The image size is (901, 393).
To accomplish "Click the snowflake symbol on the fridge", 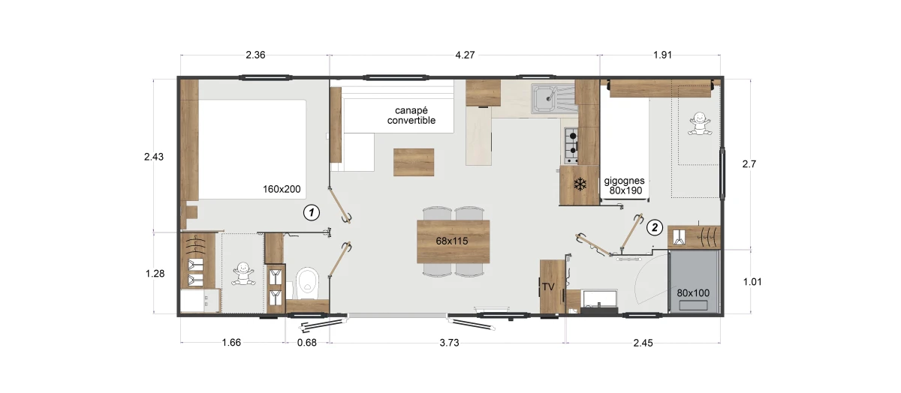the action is pyautogui.click(x=580, y=184).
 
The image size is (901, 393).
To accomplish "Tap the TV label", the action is pyautogui.click(x=548, y=287).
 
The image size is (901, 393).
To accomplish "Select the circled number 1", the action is pyautogui.click(x=312, y=212).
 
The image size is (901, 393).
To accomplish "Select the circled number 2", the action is pyautogui.click(x=655, y=228).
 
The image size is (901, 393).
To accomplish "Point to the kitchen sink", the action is pyautogui.click(x=554, y=98).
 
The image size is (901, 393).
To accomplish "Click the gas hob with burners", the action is pyautogui.click(x=571, y=145).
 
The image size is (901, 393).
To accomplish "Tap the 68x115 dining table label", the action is pyautogui.click(x=452, y=241).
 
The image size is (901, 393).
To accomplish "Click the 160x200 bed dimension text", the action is pyautogui.click(x=282, y=189).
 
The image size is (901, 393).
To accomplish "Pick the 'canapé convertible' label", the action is pyautogui.click(x=411, y=115).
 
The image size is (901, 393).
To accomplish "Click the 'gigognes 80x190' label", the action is pyautogui.click(x=625, y=186).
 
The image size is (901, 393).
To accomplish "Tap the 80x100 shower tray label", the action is pyautogui.click(x=693, y=293).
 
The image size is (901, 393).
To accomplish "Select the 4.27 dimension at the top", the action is pyautogui.click(x=465, y=55).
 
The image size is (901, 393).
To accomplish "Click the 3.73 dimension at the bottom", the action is pyautogui.click(x=449, y=343).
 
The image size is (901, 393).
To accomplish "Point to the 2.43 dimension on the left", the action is pyautogui.click(x=154, y=157).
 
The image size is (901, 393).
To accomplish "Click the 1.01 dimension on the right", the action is pyautogui.click(x=752, y=282).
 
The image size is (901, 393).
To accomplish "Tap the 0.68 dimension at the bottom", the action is pyautogui.click(x=307, y=343).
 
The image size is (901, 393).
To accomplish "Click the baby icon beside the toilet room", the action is pyautogui.click(x=243, y=274).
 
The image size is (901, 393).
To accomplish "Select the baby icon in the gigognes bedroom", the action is pyautogui.click(x=700, y=123).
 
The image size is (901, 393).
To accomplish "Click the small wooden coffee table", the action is pyautogui.click(x=414, y=162).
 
